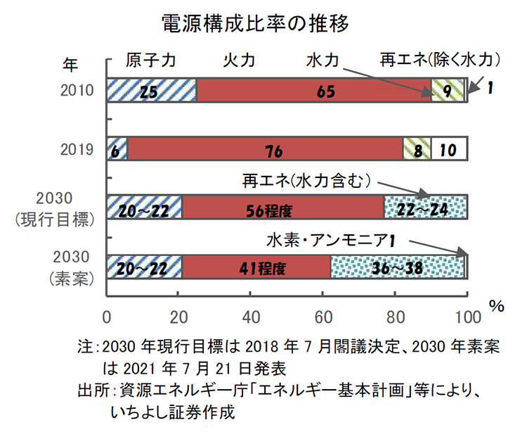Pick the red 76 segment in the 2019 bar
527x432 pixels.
[265, 149]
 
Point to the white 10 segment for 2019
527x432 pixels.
[448, 149]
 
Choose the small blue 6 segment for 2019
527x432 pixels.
[117, 149]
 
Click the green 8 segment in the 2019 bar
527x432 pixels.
[416, 149]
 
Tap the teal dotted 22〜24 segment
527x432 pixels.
[425, 209]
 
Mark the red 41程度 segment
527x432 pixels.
[257, 268]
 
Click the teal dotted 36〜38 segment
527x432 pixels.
[397, 268]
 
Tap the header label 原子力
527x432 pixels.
[150, 60]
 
